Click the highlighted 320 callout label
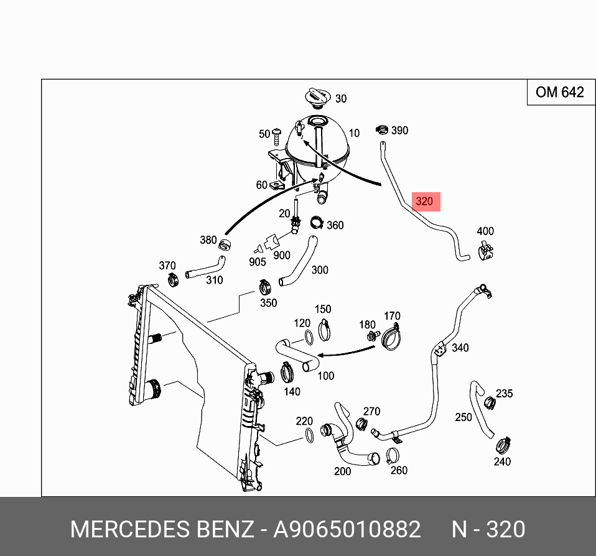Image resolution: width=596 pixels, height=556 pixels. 424,202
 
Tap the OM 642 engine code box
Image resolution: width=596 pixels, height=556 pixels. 560,93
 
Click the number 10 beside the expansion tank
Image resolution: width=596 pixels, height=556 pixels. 354,133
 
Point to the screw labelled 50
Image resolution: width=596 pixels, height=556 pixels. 277,133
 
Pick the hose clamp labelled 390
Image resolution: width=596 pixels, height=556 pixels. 382,130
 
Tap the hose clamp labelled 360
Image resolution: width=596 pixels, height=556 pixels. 317,222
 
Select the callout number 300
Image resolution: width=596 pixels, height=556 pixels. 320,270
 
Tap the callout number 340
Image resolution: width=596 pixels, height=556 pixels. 460,348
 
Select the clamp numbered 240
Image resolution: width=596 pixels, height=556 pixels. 503,445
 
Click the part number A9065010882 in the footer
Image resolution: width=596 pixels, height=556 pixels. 347,529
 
